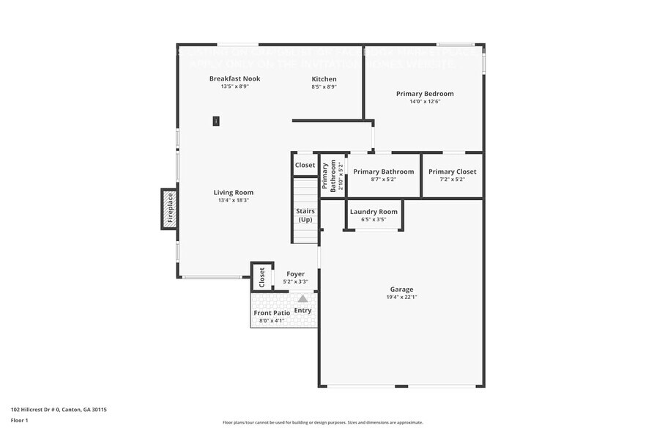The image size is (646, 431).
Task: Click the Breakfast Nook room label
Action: [x=234, y=78]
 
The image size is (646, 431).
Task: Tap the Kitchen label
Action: [x=324, y=79]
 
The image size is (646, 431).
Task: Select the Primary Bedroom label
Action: [x=425, y=94]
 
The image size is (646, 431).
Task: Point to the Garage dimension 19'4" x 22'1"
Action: [x=401, y=297]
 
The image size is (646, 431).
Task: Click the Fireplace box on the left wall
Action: [x=169, y=209]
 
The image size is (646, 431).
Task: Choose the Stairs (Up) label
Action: [x=305, y=215]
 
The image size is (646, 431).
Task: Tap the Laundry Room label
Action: [x=374, y=212]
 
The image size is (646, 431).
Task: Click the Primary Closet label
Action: [x=452, y=172]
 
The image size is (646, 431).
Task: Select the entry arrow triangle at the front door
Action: [x=302, y=298]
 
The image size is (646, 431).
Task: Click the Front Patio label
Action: [x=272, y=313]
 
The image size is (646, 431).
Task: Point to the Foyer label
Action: [x=295, y=274]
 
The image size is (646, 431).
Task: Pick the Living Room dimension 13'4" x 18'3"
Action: [x=234, y=200]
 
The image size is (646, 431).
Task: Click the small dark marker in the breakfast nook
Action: [x=216, y=121]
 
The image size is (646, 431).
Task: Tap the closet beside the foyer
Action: [x=261, y=277]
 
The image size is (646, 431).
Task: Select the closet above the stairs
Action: [x=305, y=165]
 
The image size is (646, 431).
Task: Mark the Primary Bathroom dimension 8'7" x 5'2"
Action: [x=383, y=179]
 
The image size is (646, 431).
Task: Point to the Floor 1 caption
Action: [x=19, y=421]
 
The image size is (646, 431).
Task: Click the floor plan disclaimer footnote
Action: [x=322, y=422]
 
